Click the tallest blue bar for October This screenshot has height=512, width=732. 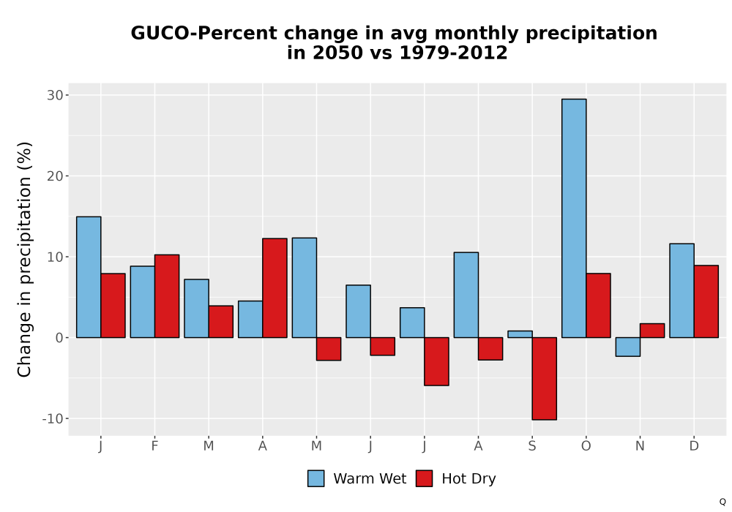(x=574, y=218)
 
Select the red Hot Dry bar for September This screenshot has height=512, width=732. (x=545, y=379)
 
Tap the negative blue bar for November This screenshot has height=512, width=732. (x=628, y=347)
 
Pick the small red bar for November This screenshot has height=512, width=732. (x=652, y=331)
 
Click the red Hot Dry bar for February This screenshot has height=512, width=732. (x=167, y=296)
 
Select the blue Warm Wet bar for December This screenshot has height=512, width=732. (x=681, y=290)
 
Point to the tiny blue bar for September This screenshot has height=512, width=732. (x=520, y=334)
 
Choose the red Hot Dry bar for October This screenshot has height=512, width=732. (x=598, y=306)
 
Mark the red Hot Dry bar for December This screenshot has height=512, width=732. (x=706, y=301)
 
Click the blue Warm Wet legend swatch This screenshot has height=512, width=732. (x=316, y=478)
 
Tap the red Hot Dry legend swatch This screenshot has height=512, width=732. (x=424, y=478)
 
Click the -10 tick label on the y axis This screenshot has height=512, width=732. (x=53, y=418)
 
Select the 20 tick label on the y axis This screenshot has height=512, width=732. (x=55, y=176)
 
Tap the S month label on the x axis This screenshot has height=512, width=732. (x=532, y=446)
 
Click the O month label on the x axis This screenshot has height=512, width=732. (x=586, y=446)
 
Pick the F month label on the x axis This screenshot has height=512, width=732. (x=154, y=446)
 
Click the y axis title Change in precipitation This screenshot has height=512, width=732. (x=24, y=259)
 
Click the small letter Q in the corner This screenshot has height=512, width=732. (x=722, y=502)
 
